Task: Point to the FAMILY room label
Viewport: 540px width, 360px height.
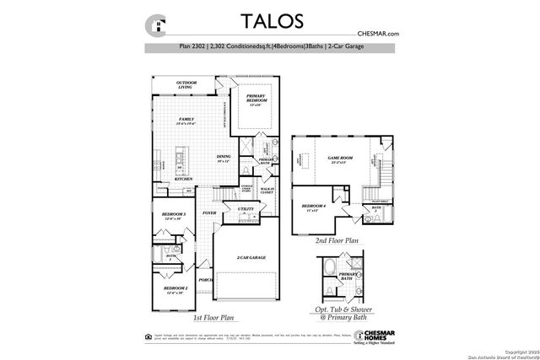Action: click(x=186, y=121)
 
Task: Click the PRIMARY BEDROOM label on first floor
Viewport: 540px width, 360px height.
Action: click(x=256, y=99)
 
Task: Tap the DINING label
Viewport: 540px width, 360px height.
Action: click(x=224, y=156)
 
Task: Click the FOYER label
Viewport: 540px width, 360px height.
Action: click(x=209, y=213)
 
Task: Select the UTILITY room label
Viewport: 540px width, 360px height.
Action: click(x=246, y=208)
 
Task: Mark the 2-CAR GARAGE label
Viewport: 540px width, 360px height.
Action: click(x=251, y=257)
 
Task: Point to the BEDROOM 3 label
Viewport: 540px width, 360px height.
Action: click(x=173, y=215)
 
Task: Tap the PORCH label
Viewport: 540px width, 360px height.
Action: click(x=204, y=280)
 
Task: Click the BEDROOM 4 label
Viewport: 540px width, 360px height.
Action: click(x=314, y=206)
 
